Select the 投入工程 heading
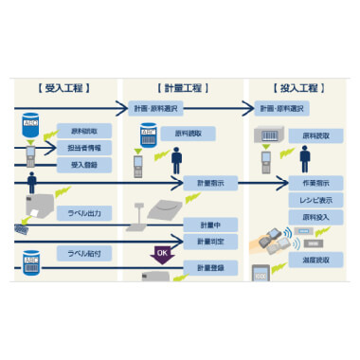300,88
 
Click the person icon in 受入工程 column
32,182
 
